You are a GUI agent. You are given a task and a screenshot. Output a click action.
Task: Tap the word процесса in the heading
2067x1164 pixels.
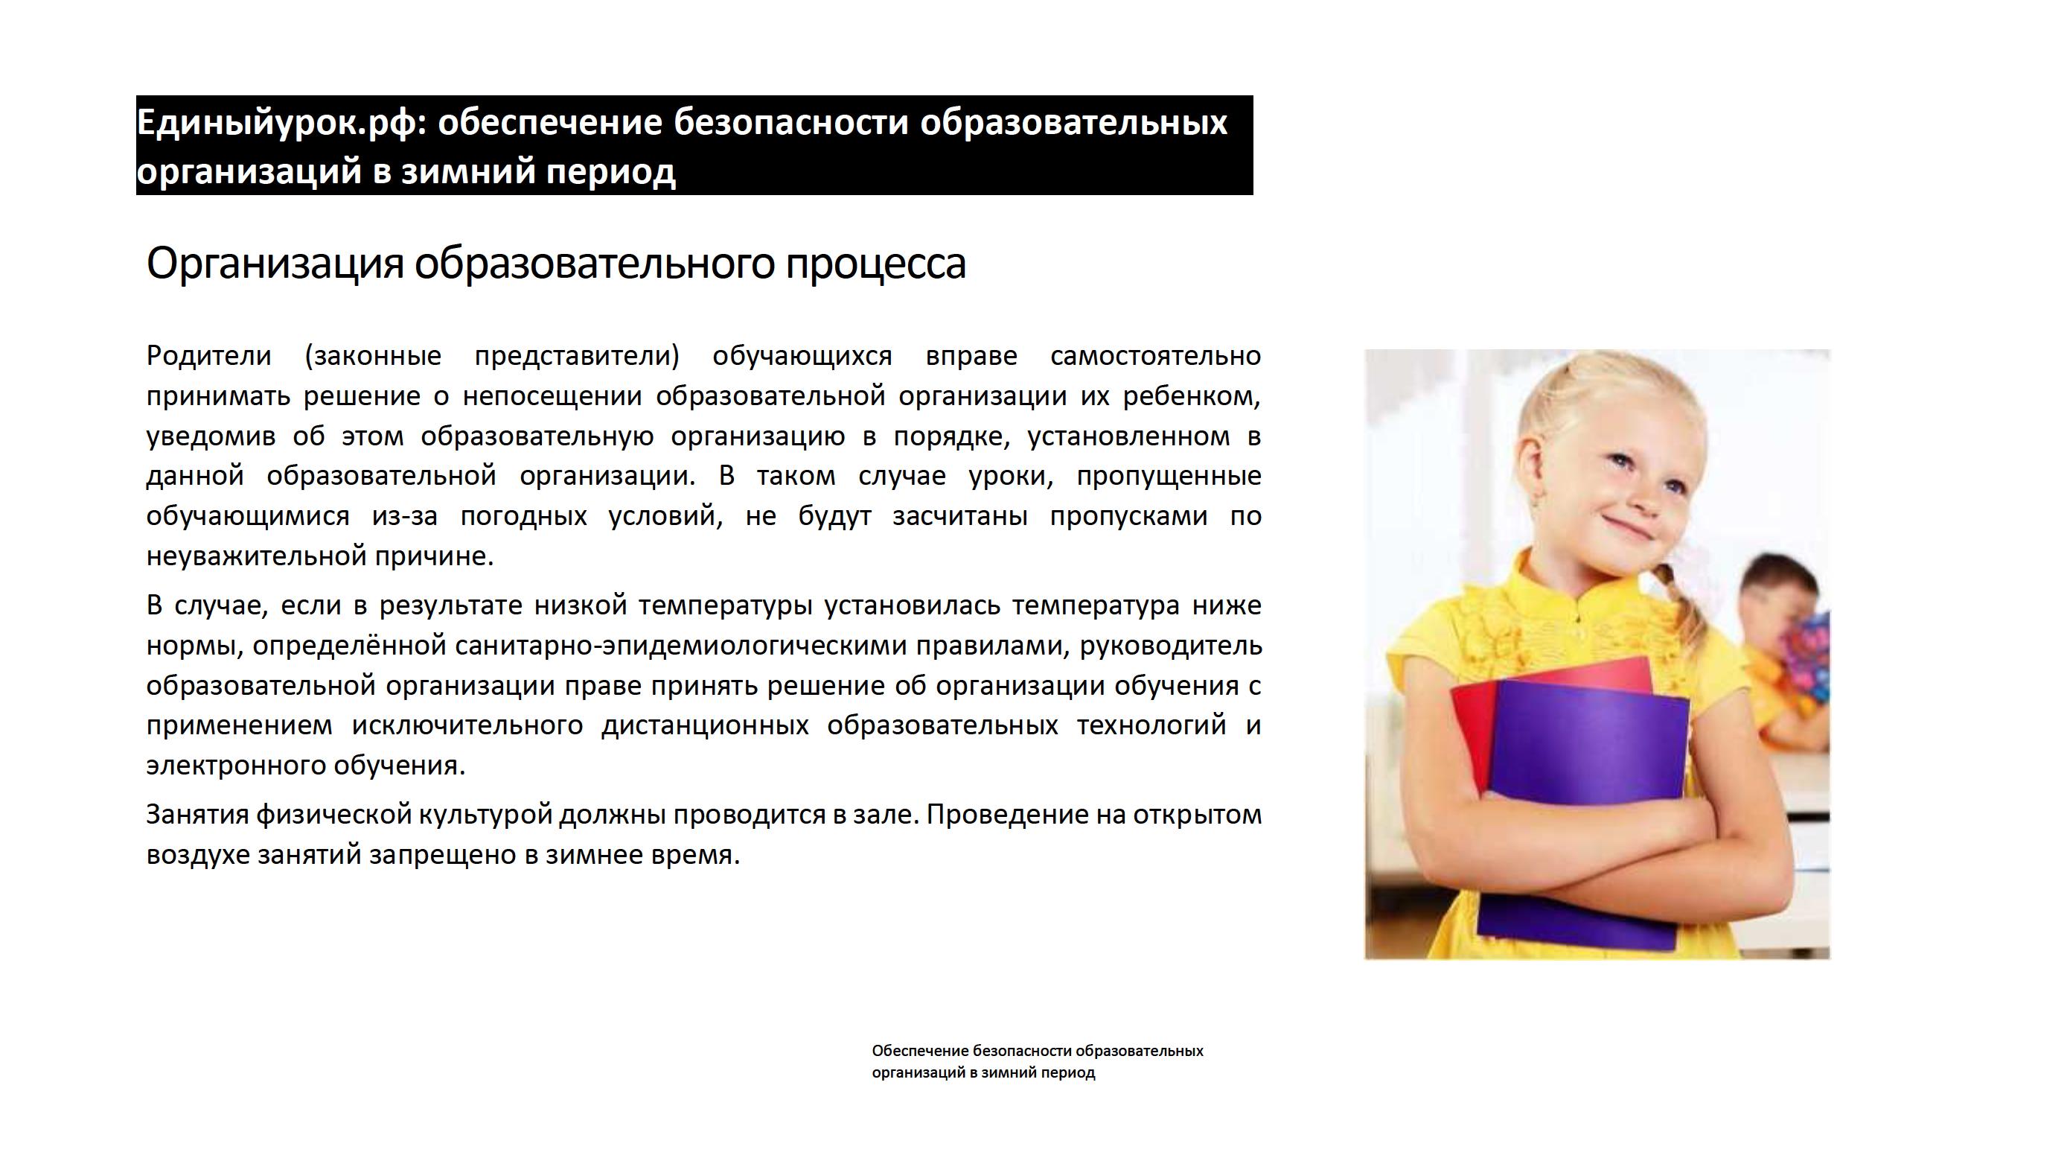pyautogui.click(x=875, y=264)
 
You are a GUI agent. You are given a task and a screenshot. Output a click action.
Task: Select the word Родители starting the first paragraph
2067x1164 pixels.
pyautogui.click(x=208, y=356)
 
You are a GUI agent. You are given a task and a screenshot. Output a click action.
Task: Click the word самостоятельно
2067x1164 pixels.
pyautogui.click(x=1155, y=356)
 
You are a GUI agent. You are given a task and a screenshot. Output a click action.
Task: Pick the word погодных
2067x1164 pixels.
pyautogui.click(x=524, y=516)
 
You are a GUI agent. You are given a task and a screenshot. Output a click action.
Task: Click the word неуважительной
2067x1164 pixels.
pyautogui.click(x=256, y=556)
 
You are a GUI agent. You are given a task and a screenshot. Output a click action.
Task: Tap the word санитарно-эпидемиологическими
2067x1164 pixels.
pyautogui.click(x=680, y=646)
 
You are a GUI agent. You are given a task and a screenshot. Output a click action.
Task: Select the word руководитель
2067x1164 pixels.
pyautogui.click(x=1171, y=646)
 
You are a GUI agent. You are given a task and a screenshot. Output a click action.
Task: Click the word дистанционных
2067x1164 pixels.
pyautogui.click(x=706, y=725)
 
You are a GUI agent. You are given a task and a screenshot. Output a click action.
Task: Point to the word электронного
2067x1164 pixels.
pyautogui.click(x=236, y=766)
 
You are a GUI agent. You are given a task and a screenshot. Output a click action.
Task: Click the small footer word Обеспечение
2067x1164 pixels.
pyautogui.click(x=920, y=1051)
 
